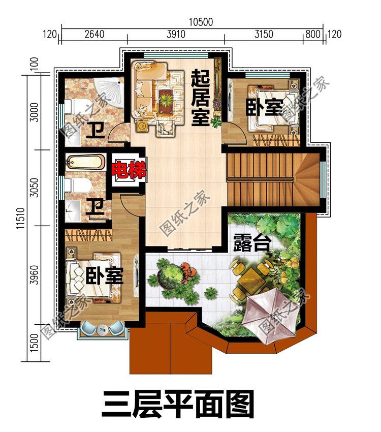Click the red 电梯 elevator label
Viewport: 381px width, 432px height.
coord(129,170)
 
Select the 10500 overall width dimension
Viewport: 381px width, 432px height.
coord(201,22)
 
